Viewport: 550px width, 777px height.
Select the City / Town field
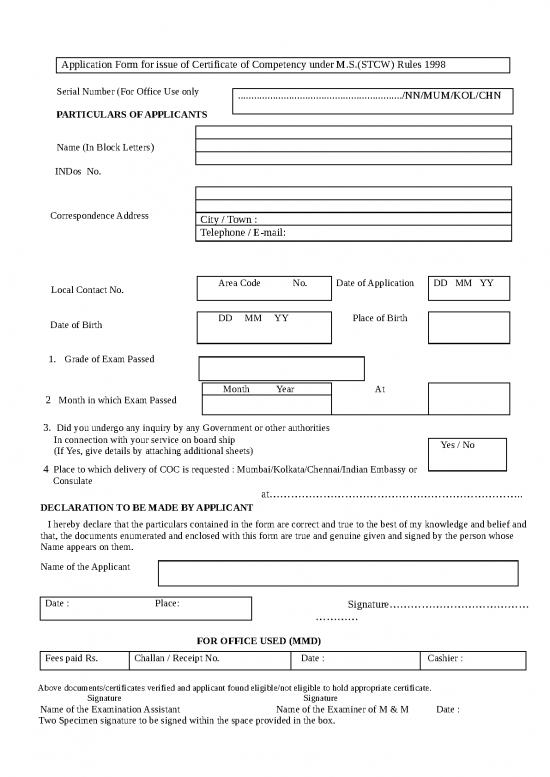click(353, 219)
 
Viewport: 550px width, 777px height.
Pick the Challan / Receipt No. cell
click(208, 659)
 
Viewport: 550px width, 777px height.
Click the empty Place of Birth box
click(469, 327)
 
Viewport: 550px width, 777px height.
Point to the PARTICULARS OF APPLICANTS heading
click(132, 115)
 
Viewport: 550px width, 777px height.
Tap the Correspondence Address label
click(99, 216)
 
